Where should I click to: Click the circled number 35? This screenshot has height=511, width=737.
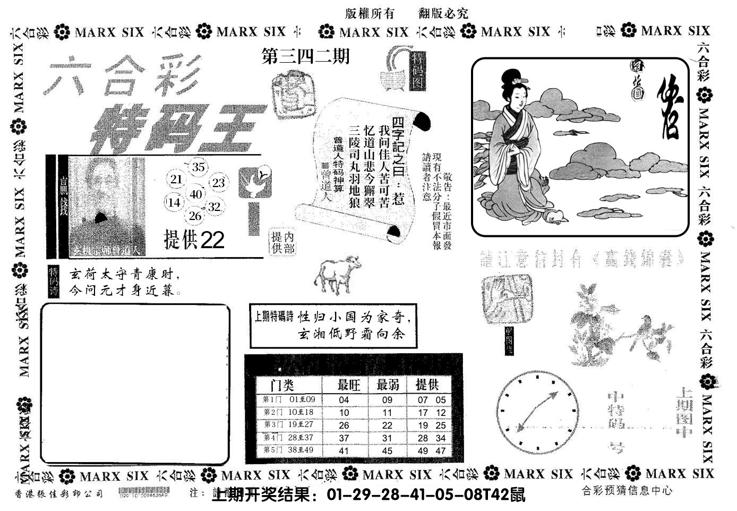(198, 167)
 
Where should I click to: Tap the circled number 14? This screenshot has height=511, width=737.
(174, 202)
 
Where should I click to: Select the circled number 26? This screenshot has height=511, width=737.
(195, 216)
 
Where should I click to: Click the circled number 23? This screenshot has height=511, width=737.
(218, 183)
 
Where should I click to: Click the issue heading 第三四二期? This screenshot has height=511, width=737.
(306, 56)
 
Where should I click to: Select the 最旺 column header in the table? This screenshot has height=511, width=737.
(349, 385)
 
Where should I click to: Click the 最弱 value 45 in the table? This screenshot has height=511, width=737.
(387, 451)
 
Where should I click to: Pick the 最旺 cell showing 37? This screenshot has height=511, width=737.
(344, 438)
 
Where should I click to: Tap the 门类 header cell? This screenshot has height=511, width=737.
(282, 385)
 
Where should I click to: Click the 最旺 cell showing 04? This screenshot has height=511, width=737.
(344, 400)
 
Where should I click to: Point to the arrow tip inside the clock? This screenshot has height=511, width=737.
(556, 394)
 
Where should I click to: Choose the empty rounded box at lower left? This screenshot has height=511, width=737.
(135, 384)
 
